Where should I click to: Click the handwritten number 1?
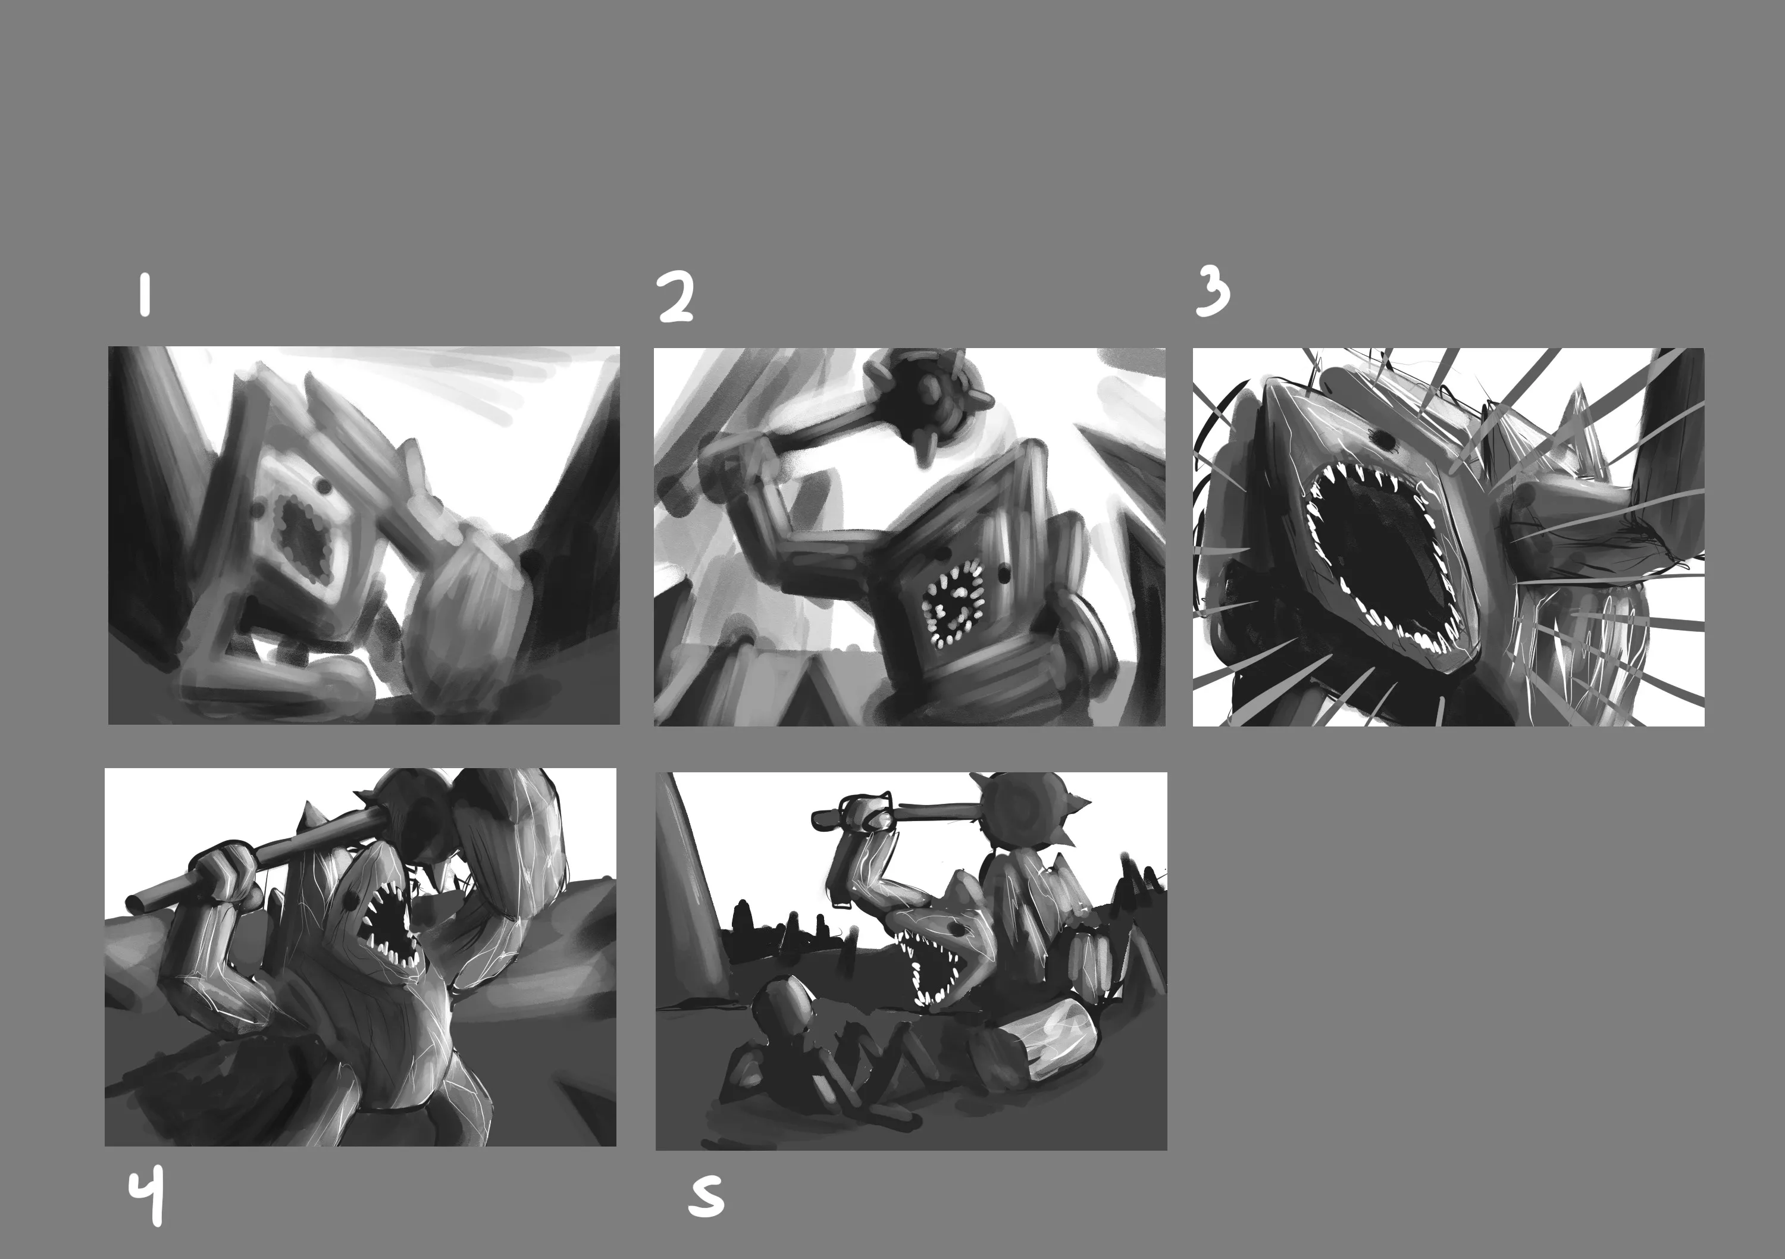[145, 296]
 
